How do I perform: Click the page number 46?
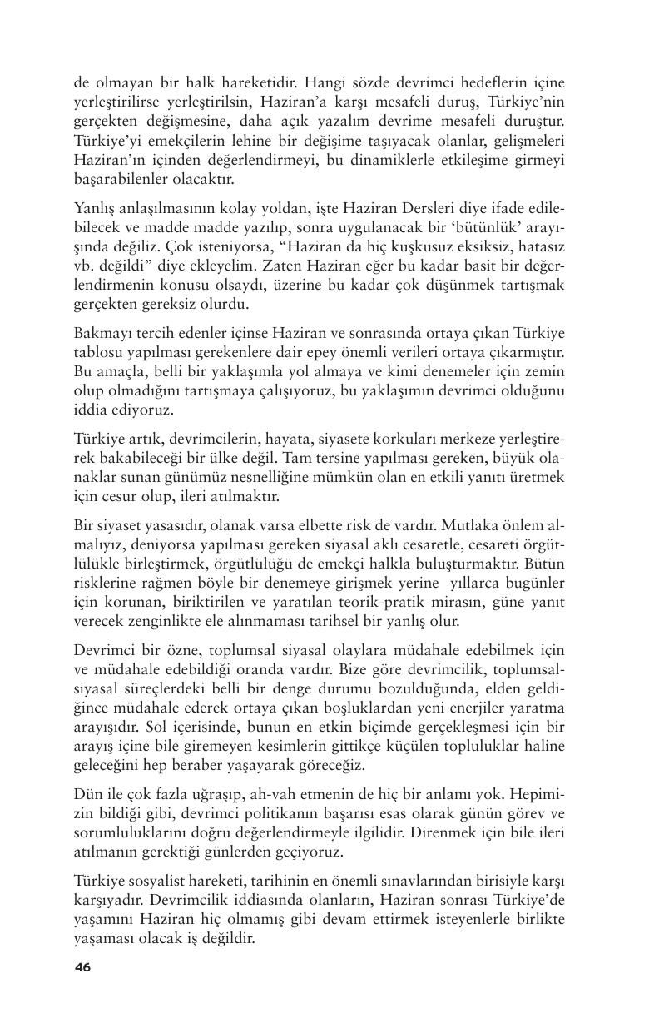coord(82,966)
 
